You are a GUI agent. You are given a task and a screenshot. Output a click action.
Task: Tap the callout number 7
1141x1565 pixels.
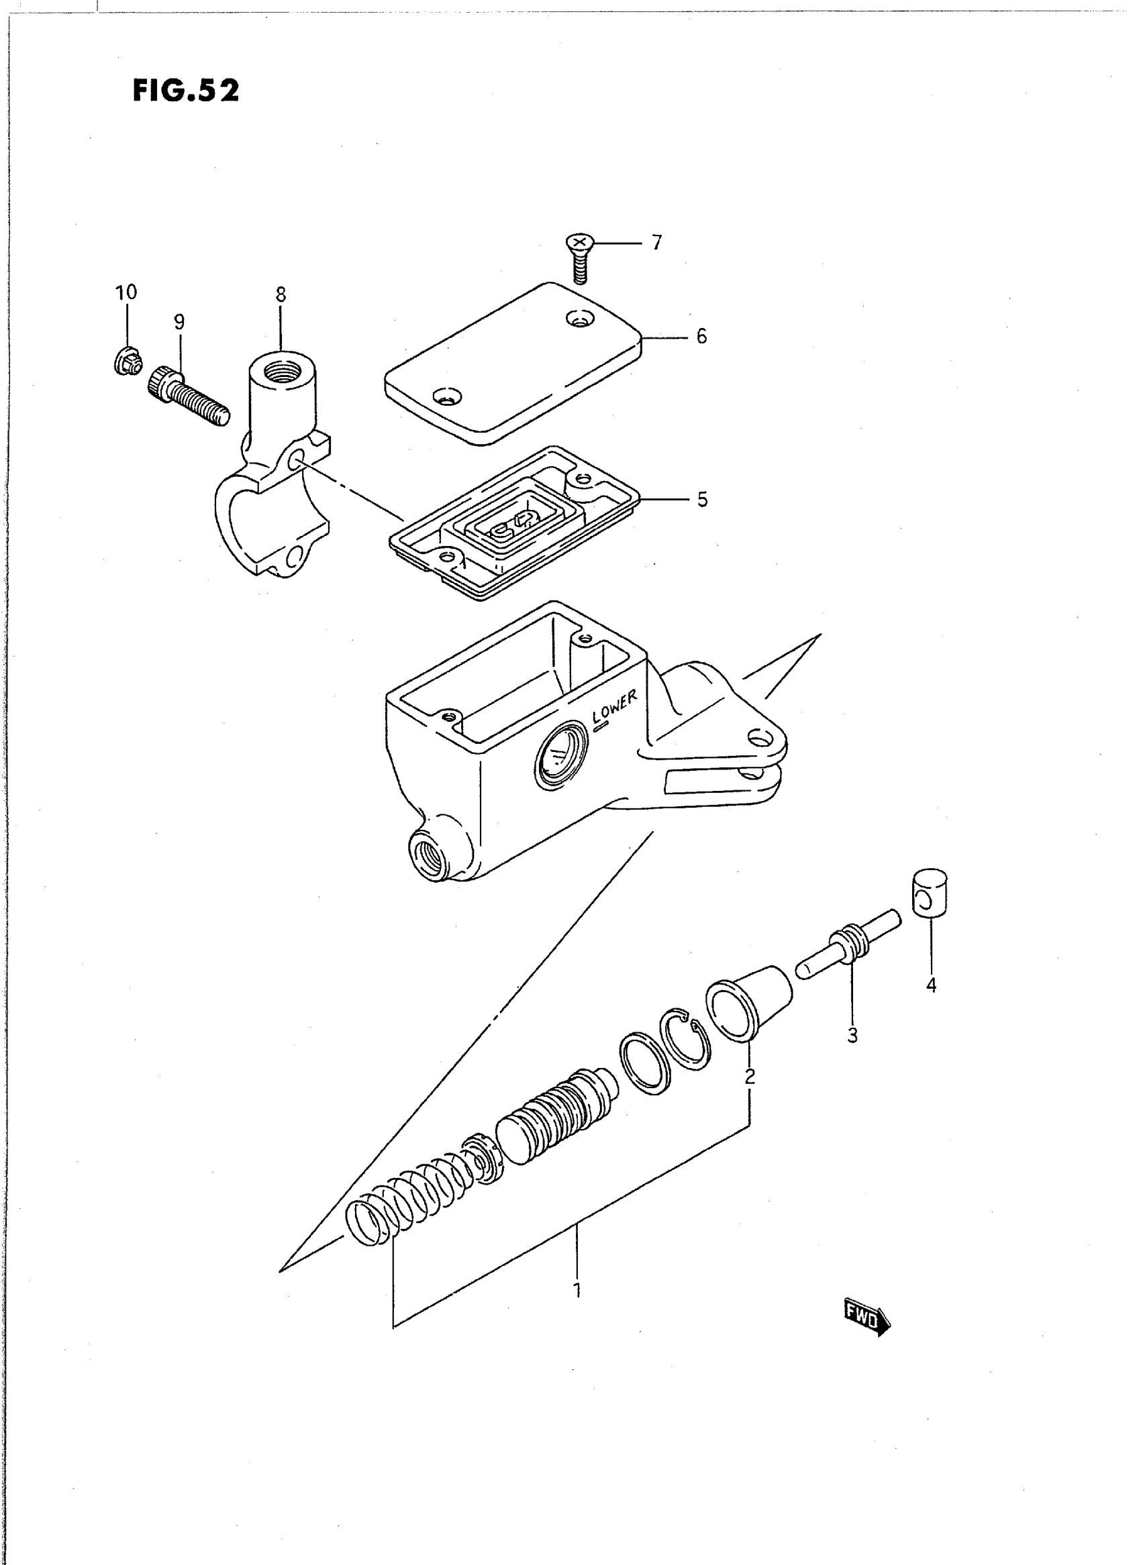click(x=656, y=243)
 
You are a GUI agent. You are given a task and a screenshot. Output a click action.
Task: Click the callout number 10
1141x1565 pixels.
click(x=126, y=292)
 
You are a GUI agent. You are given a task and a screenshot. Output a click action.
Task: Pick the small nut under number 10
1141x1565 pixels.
click(x=128, y=360)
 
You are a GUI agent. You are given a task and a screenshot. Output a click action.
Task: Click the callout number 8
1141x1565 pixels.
click(x=281, y=294)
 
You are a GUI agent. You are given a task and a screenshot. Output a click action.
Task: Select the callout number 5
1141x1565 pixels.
click(x=702, y=500)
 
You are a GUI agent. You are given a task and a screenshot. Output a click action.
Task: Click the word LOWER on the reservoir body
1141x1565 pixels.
click(x=615, y=708)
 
